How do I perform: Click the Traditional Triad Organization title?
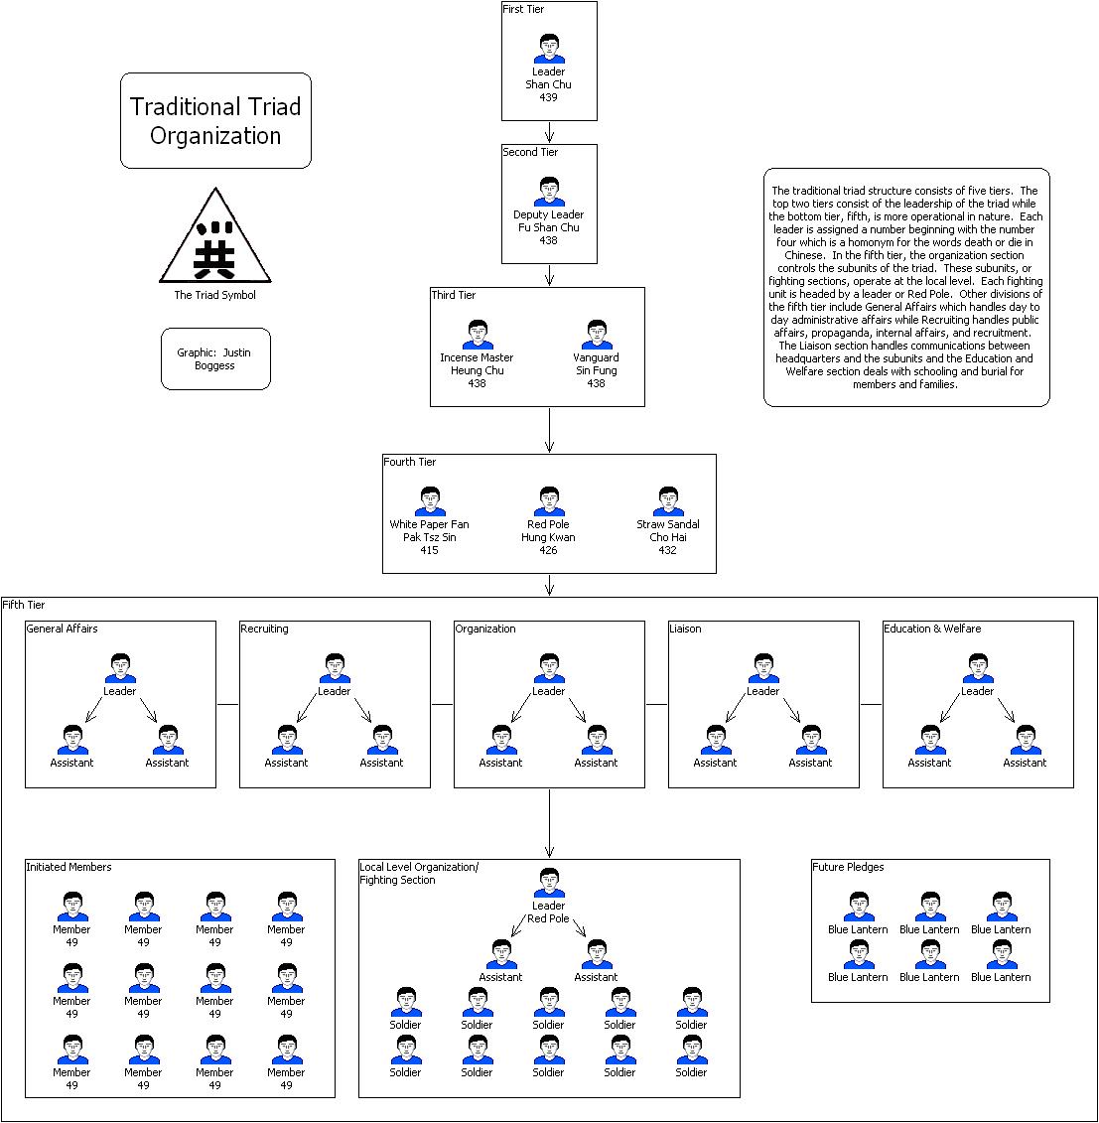point(215,120)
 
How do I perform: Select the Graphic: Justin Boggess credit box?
point(214,358)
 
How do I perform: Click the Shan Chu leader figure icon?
point(548,50)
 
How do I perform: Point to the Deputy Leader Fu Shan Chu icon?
point(548,192)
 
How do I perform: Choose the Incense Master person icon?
point(478,335)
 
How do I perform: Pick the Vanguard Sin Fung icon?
point(596,335)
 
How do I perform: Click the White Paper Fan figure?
point(429,501)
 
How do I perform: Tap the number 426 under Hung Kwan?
point(548,550)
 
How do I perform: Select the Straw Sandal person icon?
point(667,501)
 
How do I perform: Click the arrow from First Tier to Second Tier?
point(549,132)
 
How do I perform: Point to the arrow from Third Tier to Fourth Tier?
point(549,430)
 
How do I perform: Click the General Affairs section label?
point(62,629)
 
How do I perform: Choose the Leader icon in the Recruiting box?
point(335,668)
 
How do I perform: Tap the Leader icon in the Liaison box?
point(762,668)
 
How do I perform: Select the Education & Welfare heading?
point(932,629)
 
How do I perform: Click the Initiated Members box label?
point(69,867)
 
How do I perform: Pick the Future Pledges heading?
point(848,867)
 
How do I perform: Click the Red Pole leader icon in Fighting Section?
point(548,883)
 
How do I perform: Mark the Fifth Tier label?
point(24,605)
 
